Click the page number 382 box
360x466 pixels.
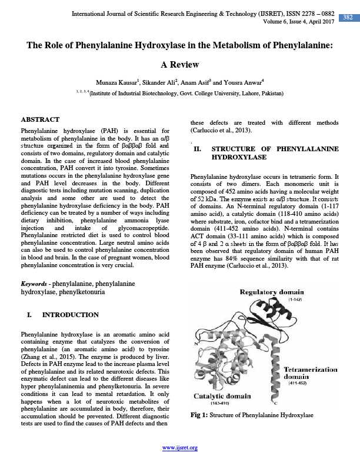(347, 18)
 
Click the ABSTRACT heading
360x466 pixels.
(40, 119)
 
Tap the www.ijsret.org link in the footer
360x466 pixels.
(180, 448)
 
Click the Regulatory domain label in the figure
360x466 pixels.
(271, 292)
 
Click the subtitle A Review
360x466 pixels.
(179, 64)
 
